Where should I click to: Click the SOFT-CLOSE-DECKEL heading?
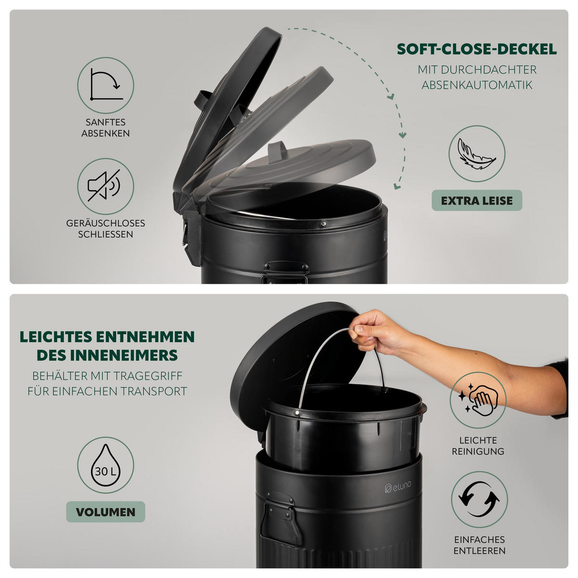[x=477, y=49]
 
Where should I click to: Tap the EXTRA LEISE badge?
[x=477, y=200]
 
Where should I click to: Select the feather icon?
[x=477, y=154]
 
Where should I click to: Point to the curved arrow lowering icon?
[x=106, y=85]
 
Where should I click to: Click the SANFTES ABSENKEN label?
[x=105, y=128]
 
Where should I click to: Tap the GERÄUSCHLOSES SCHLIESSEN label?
[x=105, y=229]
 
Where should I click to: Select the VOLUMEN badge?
[x=105, y=512]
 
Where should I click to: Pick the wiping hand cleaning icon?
[x=478, y=399]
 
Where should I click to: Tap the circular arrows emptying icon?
[x=479, y=499]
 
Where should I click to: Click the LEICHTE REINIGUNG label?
[x=478, y=446]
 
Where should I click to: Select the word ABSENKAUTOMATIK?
[x=477, y=85]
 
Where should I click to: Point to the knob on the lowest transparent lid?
[x=277, y=151]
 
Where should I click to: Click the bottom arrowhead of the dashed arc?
[x=396, y=186]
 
